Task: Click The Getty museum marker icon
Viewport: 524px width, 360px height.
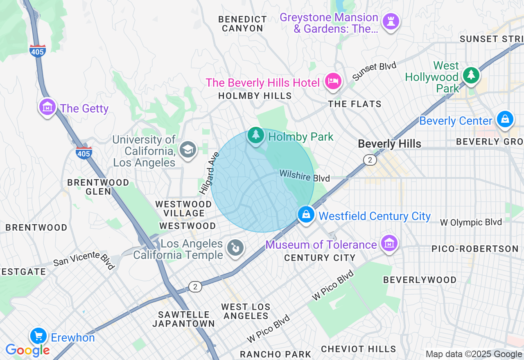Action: click(x=47, y=107)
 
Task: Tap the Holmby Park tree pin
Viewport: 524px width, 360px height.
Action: click(x=256, y=135)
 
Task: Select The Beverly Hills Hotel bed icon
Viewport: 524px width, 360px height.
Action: click(x=333, y=81)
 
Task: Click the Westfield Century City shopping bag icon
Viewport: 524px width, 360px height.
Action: click(x=306, y=214)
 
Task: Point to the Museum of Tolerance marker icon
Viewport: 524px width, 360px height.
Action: click(x=389, y=243)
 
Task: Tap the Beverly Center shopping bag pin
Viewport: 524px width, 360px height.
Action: click(x=505, y=119)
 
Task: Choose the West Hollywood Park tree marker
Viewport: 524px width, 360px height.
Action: click(x=471, y=75)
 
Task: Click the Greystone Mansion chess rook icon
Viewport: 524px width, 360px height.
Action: click(x=391, y=21)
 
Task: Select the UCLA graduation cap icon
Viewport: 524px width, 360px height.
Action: click(x=188, y=148)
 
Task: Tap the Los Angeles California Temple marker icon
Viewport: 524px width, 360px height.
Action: click(x=235, y=248)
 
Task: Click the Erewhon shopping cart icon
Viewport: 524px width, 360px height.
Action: click(x=39, y=336)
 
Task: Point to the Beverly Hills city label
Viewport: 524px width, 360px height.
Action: click(x=389, y=144)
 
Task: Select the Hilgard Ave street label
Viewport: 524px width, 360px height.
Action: click(x=209, y=173)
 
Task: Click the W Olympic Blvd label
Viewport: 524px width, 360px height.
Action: click(x=470, y=222)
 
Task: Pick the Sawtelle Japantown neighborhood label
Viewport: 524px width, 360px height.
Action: click(x=183, y=319)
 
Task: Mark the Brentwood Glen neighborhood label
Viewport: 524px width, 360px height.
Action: click(x=98, y=187)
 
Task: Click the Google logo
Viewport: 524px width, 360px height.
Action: click(x=27, y=350)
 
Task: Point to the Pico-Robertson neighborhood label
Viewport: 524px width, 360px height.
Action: click(x=475, y=249)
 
